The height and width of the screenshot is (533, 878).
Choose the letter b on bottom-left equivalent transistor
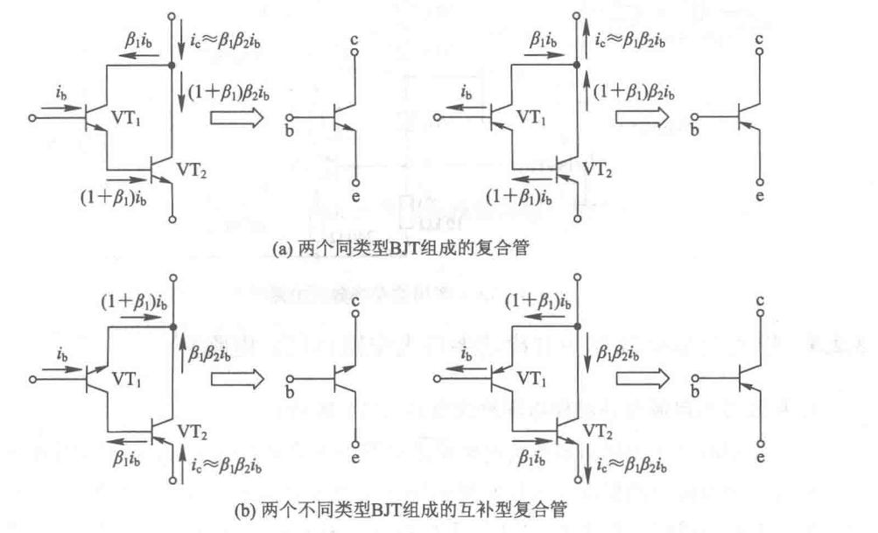(x=290, y=391)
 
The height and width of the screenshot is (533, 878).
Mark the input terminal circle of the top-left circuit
(x=32, y=117)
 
